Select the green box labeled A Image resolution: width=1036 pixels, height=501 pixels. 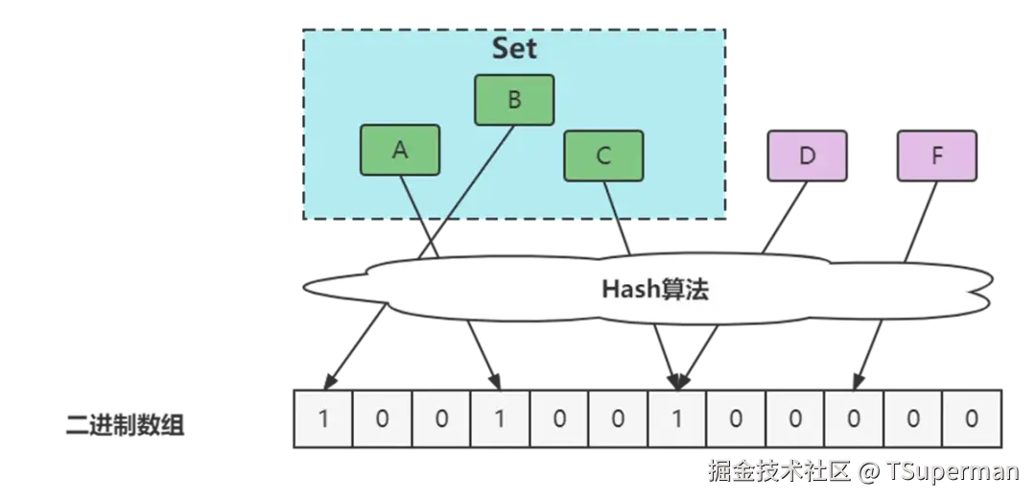click(400, 151)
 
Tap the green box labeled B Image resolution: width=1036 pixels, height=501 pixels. click(514, 100)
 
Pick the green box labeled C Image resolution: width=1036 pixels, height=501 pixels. click(602, 155)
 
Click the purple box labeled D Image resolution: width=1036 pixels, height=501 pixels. click(807, 156)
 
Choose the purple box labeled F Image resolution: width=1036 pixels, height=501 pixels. click(937, 156)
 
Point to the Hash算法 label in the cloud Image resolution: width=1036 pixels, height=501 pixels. click(655, 289)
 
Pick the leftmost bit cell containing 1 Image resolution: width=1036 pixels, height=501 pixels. click(322, 418)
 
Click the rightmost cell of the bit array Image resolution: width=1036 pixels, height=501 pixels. click(972, 418)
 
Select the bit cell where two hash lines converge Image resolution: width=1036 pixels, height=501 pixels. click(678, 418)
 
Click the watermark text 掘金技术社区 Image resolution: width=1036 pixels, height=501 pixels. click(779, 471)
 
